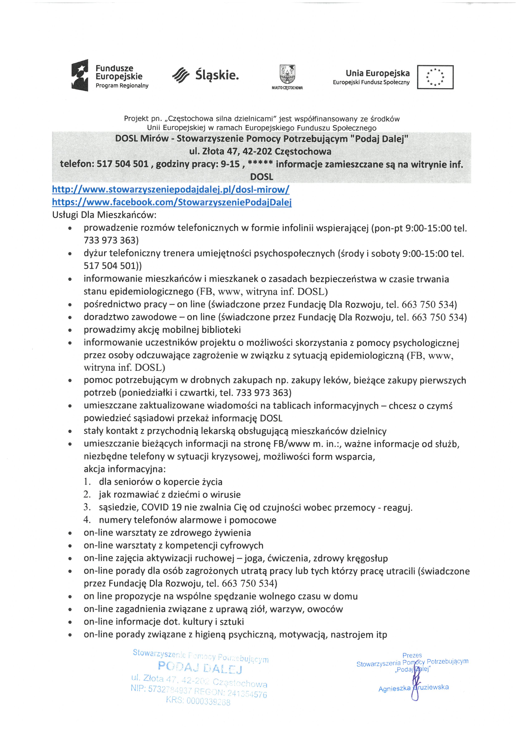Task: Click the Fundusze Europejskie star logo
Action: pos(80,75)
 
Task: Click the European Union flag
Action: pos(435,77)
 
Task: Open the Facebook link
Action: pos(172,202)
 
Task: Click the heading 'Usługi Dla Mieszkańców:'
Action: pos(104,215)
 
